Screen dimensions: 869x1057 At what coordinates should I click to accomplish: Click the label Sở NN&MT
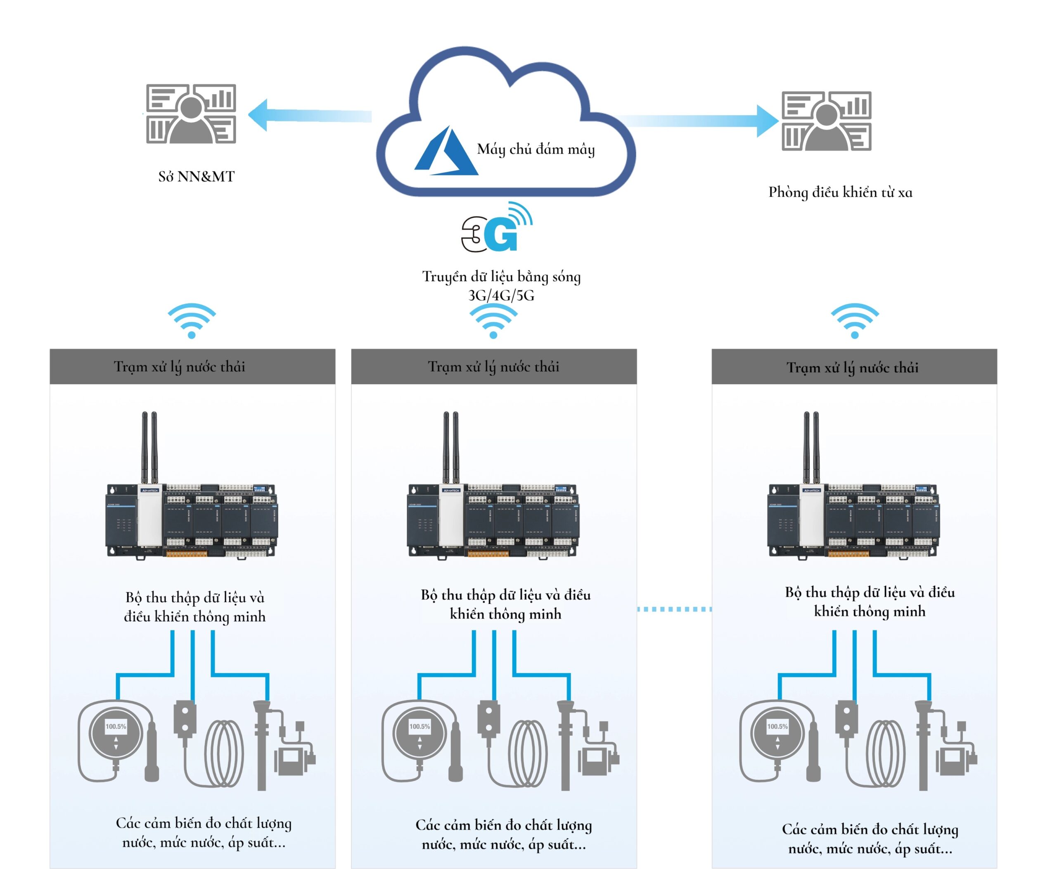point(196,177)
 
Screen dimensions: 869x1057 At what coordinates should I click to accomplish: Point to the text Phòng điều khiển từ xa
point(840,192)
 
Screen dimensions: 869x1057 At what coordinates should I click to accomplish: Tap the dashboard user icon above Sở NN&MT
point(191,114)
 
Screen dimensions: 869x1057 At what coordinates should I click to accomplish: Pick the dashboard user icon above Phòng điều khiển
point(826,121)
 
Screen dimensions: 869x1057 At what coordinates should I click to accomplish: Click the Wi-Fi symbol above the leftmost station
point(191,320)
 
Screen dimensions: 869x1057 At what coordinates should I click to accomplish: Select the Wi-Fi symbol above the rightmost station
point(854,320)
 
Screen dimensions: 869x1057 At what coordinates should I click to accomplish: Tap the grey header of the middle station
point(494,367)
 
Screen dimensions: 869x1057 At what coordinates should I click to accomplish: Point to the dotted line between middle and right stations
point(674,609)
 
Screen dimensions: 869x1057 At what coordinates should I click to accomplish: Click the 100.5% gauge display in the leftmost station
point(116,726)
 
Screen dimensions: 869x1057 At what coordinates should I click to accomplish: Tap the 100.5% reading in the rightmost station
point(777,726)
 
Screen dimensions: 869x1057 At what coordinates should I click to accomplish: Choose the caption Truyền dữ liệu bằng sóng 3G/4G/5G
point(501,286)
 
